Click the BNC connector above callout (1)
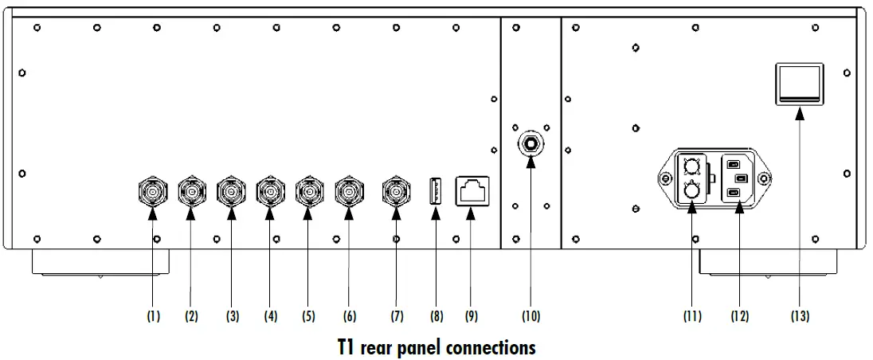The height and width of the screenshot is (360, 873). tap(152, 191)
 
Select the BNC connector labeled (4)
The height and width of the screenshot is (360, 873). tap(270, 191)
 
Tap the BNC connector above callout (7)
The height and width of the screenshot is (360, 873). tap(397, 191)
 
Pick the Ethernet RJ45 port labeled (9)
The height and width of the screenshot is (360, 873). tap(471, 191)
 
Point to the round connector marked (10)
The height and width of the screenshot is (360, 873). tap(530, 144)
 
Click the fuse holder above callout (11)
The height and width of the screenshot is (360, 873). tap(692, 178)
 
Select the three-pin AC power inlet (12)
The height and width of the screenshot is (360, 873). tap(738, 178)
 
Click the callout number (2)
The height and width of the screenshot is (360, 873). tap(191, 316)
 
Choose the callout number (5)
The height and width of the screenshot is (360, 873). tap(308, 316)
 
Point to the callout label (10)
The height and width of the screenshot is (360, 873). tap(530, 316)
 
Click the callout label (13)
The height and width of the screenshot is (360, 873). tap(800, 316)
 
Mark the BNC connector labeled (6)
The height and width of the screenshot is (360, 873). tap(348, 191)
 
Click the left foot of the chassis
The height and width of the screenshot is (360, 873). tap(100, 263)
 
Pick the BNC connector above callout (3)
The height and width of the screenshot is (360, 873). tap(231, 191)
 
